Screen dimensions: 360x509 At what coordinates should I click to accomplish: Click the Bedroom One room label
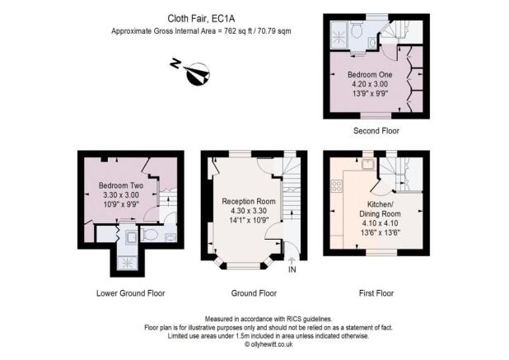[369, 73]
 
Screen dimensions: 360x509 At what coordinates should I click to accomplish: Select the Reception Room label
[248, 200]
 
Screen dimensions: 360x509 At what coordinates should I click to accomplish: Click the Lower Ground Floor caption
[128, 292]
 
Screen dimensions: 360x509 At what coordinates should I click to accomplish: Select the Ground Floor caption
[254, 292]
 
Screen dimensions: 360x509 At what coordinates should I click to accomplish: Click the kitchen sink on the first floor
[367, 163]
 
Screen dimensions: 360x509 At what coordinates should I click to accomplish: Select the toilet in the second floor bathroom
[355, 29]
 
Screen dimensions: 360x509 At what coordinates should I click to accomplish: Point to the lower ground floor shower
[128, 261]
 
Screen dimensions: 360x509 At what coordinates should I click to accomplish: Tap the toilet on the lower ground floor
[149, 234]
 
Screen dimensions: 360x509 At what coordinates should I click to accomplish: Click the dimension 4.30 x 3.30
[248, 211]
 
